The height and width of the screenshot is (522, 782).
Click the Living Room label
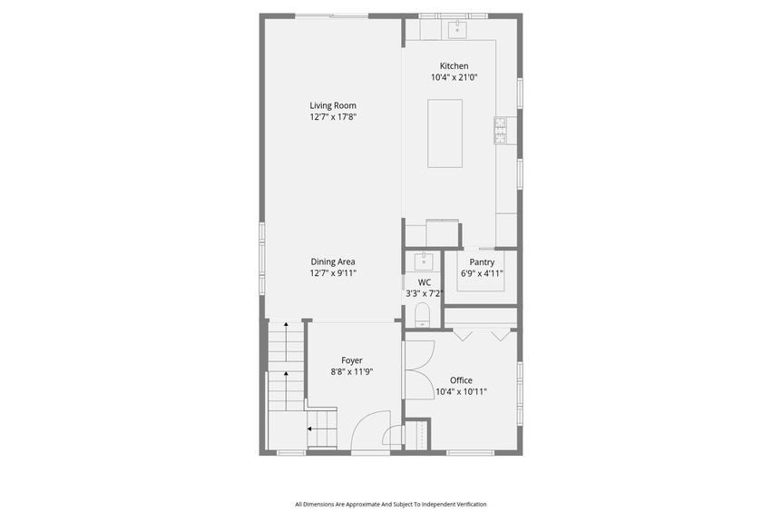(333, 105)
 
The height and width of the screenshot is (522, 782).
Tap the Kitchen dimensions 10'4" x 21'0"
(455, 77)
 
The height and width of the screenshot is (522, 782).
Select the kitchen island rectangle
(445, 133)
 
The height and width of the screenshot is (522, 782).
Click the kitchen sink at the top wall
(457, 29)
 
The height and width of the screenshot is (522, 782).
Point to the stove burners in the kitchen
(500, 131)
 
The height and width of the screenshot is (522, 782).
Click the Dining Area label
(333, 261)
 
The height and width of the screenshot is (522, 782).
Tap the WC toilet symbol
(423, 314)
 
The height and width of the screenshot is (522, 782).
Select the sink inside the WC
(424, 261)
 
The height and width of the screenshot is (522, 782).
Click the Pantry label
(482, 262)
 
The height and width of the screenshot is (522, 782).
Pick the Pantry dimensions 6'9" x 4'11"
(482, 273)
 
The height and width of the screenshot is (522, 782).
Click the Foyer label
(352, 360)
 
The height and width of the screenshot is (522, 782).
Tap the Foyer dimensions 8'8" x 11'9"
(352, 372)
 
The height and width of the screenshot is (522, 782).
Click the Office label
(461, 380)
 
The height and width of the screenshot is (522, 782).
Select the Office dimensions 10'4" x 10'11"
(461, 392)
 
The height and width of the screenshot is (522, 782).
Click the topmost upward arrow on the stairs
(286, 341)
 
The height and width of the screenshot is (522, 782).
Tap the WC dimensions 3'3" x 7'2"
(424, 294)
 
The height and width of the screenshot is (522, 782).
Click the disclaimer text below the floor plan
(390, 505)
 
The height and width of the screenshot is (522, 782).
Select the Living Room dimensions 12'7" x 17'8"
(333, 117)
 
